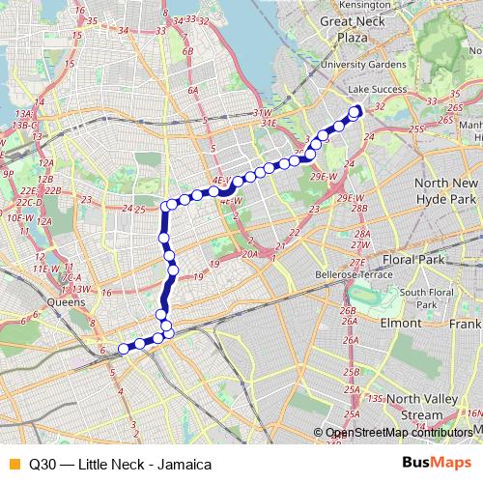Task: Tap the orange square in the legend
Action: pyautogui.click(x=13, y=462)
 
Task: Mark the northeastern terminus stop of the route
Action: pyautogui.click(x=354, y=111)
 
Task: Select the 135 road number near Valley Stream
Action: pyautogui.click(x=376, y=397)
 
